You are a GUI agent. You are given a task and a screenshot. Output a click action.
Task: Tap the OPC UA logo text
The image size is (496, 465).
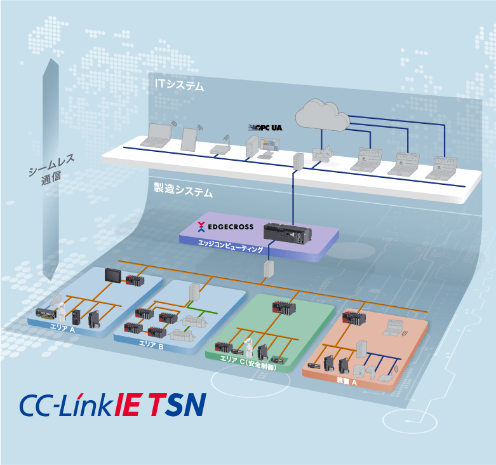tap(265, 128)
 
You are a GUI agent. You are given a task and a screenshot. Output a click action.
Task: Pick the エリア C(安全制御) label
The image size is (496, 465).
tap(248, 367)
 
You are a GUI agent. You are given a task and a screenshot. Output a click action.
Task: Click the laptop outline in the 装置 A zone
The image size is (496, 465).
tap(394, 327)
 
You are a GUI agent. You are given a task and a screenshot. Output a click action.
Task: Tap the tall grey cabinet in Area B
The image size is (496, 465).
tap(194, 293)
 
